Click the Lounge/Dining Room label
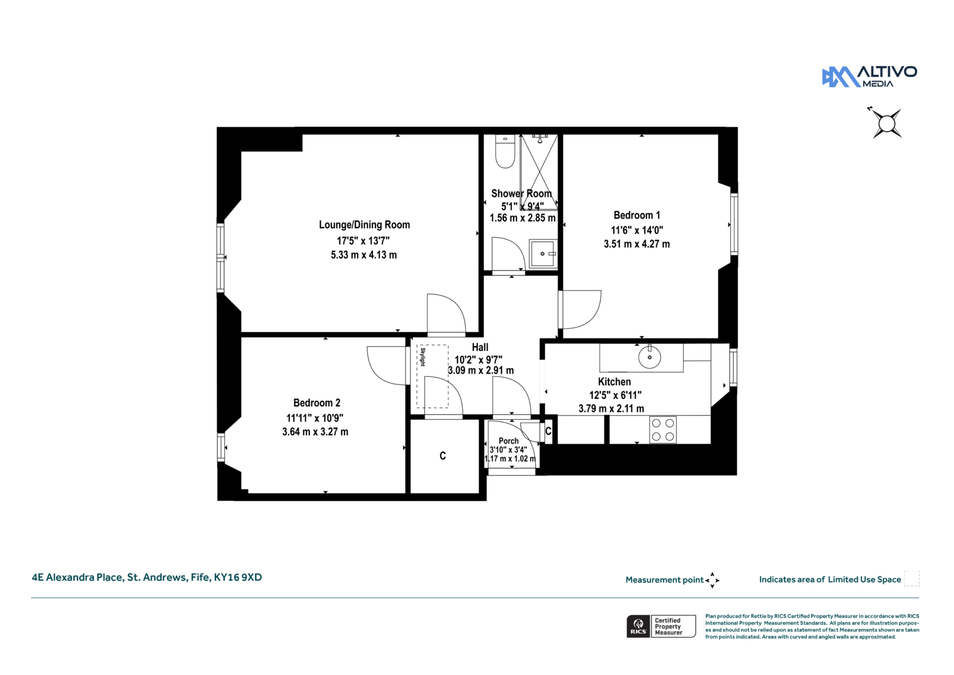tap(364, 225)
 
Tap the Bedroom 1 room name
tap(637, 215)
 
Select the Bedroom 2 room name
tap(317, 403)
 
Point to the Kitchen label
tap(614, 382)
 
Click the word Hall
tap(480, 347)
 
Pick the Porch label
tap(508, 441)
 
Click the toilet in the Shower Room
tap(505, 151)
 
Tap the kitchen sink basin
tap(650, 357)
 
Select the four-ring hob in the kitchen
tap(663, 430)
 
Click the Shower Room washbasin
tap(543, 253)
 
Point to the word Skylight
tap(423, 357)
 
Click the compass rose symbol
tap(887, 124)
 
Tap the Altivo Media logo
tap(870, 77)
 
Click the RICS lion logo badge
tap(638, 626)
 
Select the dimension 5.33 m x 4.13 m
tap(364, 255)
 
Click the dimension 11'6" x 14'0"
tap(637, 230)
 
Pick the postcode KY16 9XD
tap(238, 577)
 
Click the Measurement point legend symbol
tap(712, 580)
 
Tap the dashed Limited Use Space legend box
tap(912, 579)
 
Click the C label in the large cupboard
tap(443, 456)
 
